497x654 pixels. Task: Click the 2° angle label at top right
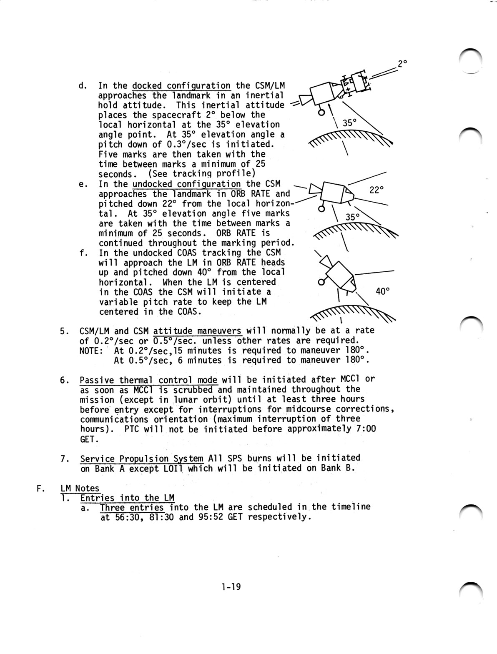pos(402,64)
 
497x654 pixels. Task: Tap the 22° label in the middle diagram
pos(376,190)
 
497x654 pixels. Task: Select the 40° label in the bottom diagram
pos(382,291)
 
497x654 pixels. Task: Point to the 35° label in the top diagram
pos(349,123)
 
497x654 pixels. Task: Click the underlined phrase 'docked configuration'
pos(181,86)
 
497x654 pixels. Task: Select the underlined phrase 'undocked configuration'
pos(186,184)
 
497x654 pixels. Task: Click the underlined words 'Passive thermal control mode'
pos(149,380)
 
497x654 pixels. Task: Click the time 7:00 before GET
pos(366,429)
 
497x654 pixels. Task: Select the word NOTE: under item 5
pos(91,350)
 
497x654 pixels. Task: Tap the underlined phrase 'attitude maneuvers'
pos(198,331)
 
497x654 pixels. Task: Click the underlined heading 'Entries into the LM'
pos(127,498)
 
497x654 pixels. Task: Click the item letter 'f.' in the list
pos(83,253)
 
